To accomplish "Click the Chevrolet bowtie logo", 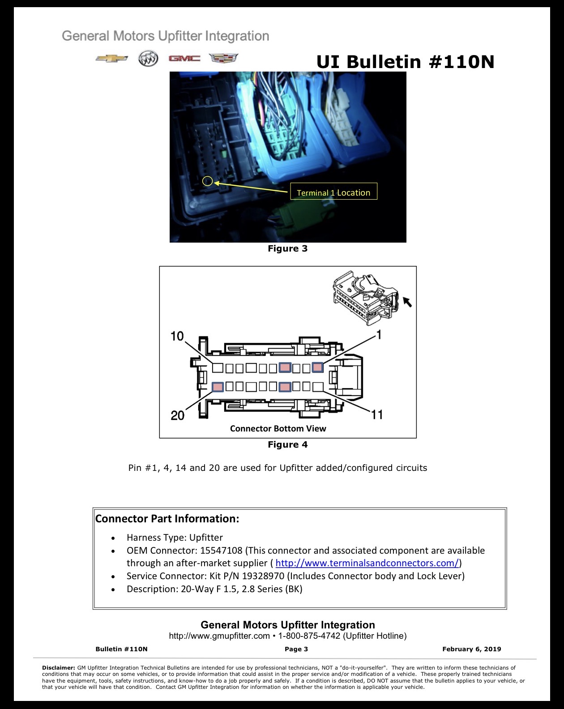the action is (111, 59).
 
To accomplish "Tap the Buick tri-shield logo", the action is (148, 59).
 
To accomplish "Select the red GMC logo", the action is (184, 59).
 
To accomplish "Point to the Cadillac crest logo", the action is (223, 58).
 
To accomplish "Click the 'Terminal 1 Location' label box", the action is (334, 192).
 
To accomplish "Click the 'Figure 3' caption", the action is (288, 248).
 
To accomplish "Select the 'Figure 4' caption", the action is (288, 444).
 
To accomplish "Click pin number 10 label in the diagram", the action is (177, 336).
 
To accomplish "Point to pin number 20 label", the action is (178, 415).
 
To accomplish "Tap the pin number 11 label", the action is (377, 414).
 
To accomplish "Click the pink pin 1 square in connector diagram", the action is (317, 367).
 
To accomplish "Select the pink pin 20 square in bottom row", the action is (218, 387).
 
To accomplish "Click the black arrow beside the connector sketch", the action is (407, 302).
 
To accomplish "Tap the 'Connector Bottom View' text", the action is (278, 429).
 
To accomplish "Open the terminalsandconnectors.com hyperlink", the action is (367, 563).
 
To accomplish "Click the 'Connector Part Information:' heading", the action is (167, 519).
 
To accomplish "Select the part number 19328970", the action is (263, 576).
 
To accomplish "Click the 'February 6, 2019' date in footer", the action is (471, 649).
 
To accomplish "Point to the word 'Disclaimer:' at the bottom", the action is (59, 667).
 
